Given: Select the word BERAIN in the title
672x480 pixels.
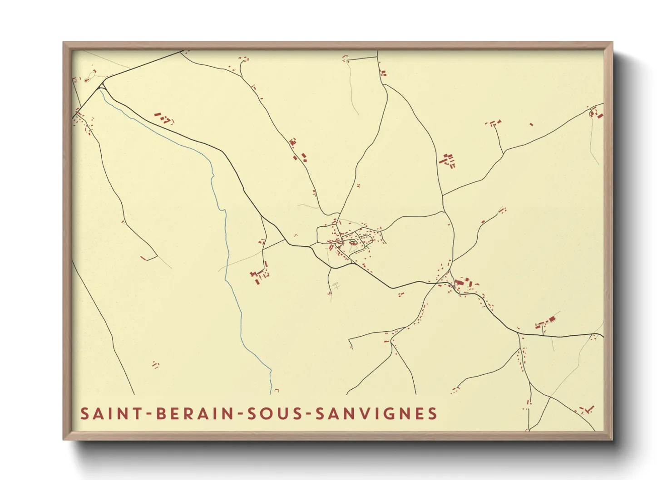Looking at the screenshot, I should [194, 414].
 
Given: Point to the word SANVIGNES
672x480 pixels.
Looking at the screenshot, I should [376, 414].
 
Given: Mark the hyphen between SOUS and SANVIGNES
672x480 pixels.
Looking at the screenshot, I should [308, 414].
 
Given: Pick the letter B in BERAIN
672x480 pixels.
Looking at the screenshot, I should [161, 414].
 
